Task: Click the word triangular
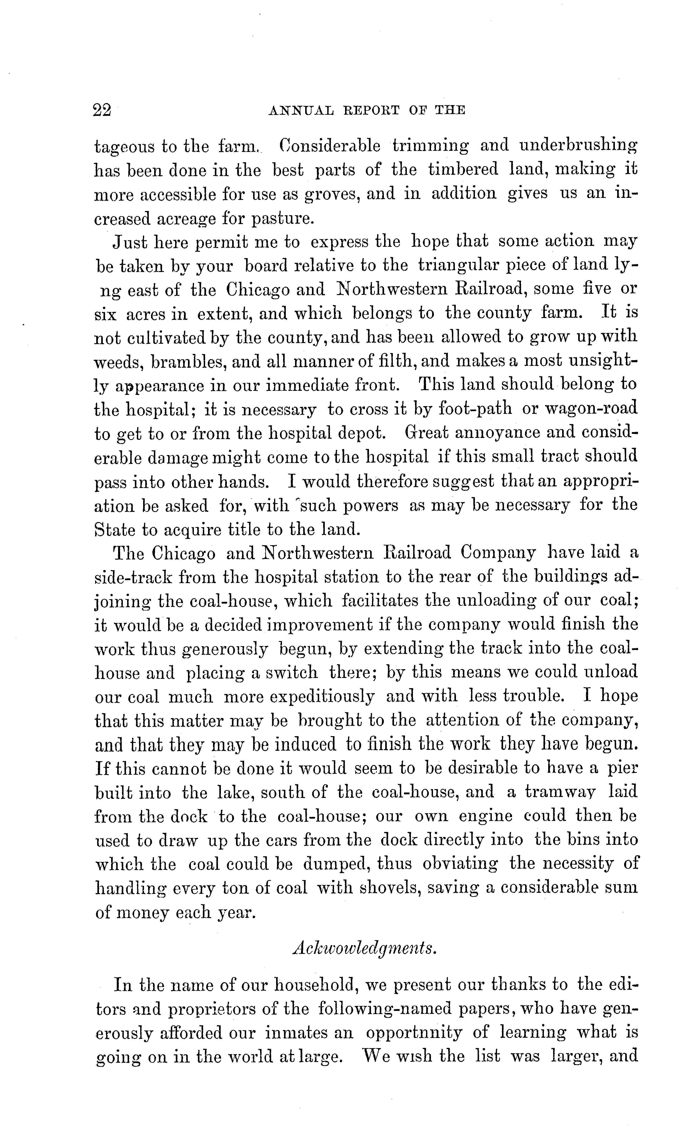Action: click(458, 265)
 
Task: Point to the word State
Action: click(115, 529)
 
